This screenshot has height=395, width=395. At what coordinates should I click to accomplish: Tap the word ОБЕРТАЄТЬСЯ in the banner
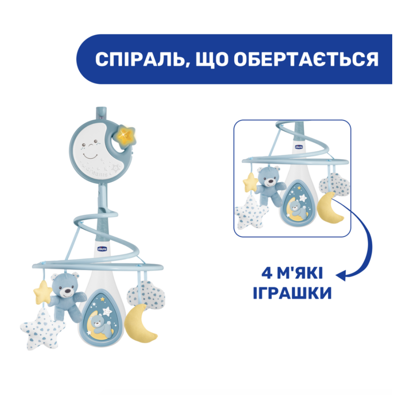[306, 60]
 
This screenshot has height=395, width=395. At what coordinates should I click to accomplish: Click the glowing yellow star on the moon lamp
[126, 136]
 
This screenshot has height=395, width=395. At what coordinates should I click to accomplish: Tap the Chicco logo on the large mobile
[102, 248]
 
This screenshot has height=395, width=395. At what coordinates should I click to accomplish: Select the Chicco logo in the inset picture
[299, 147]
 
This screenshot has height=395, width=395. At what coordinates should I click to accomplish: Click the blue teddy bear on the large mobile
[67, 295]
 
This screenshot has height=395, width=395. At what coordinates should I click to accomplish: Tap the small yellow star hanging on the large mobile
[42, 292]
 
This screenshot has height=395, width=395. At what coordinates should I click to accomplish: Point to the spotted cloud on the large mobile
[147, 295]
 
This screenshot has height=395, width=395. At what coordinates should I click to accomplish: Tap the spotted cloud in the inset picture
[335, 184]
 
